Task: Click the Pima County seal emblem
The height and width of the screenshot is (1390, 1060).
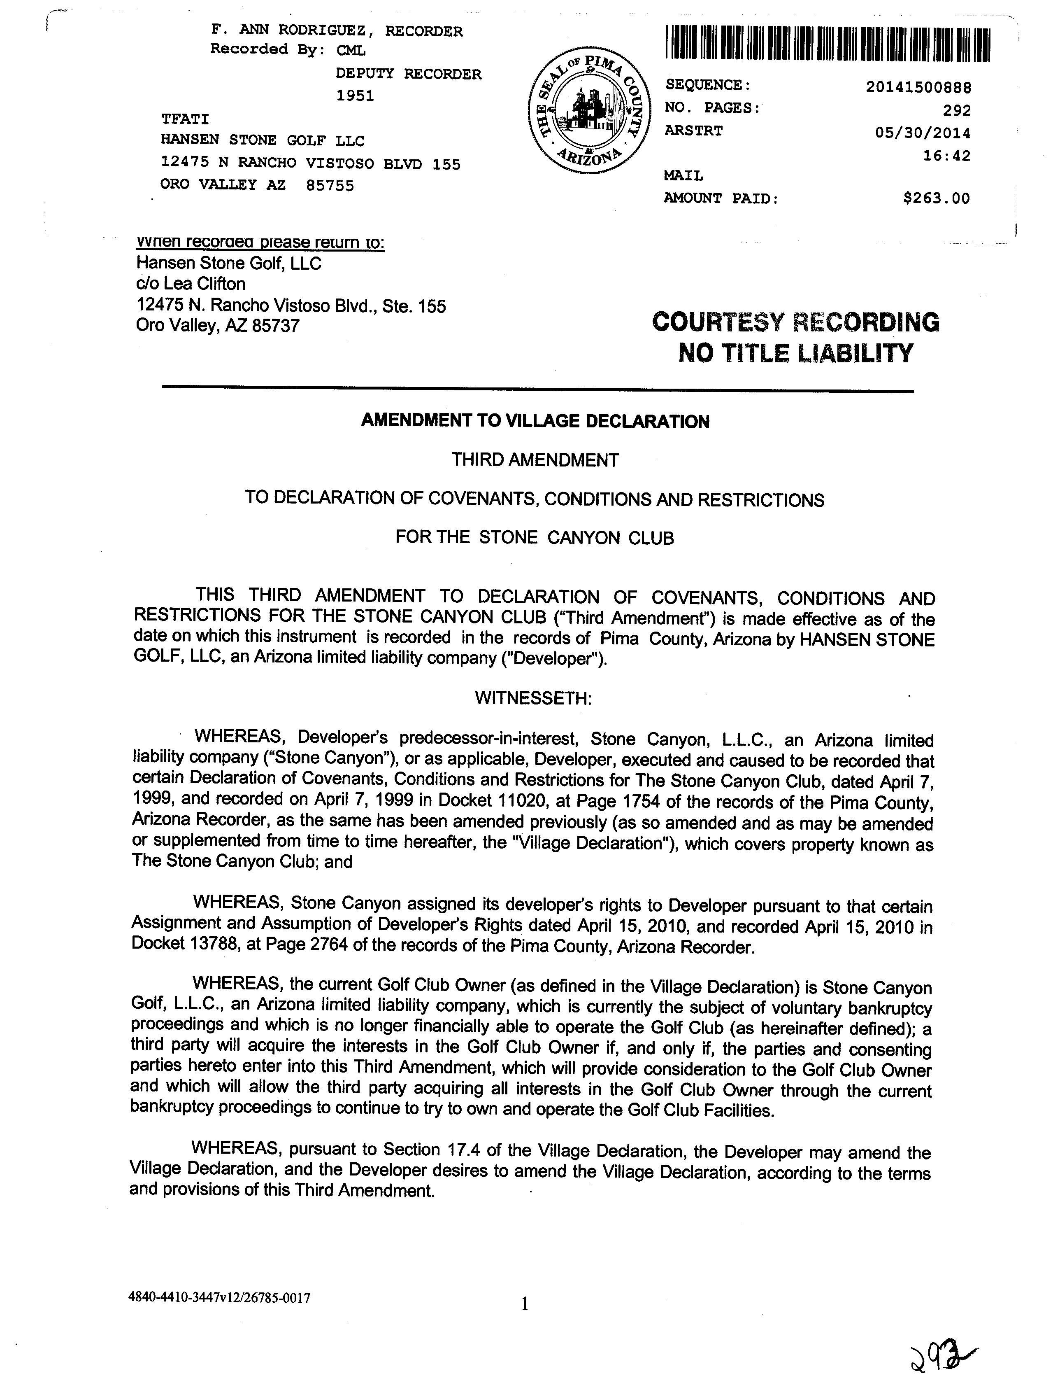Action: [586, 112]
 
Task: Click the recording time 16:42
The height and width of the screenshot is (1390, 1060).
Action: [946, 155]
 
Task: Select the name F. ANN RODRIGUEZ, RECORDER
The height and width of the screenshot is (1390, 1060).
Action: [336, 31]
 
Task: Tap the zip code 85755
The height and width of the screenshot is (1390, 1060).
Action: [329, 186]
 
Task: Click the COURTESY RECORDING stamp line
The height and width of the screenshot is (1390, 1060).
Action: [795, 322]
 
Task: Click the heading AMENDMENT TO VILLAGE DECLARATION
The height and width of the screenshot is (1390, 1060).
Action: [535, 421]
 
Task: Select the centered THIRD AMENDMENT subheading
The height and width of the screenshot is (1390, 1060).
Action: [535, 460]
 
